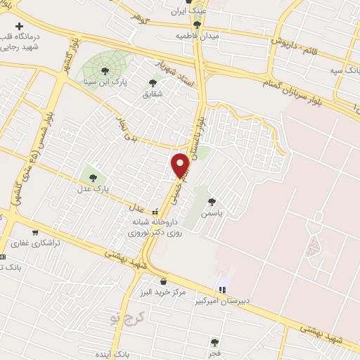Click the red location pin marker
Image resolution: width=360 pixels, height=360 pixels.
[x=181, y=165]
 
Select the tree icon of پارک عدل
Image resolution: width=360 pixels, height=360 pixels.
[x=91, y=175]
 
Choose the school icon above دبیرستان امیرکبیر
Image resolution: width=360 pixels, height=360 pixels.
[x=223, y=288]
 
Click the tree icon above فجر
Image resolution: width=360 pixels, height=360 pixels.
[x=214, y=342]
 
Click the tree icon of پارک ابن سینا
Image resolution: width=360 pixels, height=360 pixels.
[x=105, y=70]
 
